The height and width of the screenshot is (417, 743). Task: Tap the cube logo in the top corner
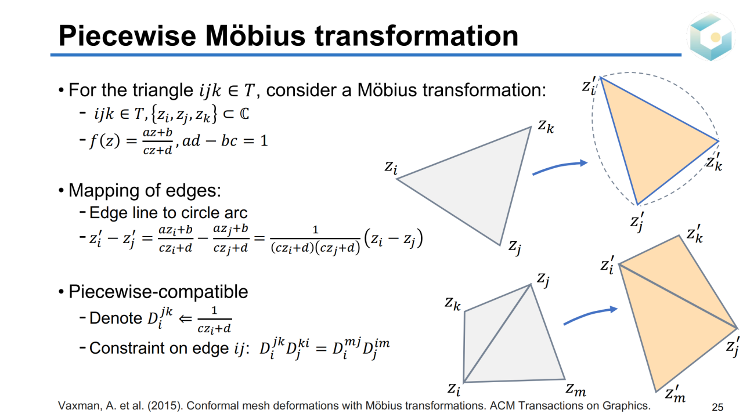tap(710, 37)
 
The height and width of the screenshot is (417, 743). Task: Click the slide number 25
tap(717, 407)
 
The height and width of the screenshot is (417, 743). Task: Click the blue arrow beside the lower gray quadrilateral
tap(590, 316)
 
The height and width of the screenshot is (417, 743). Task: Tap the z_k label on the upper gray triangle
tap(546, 126)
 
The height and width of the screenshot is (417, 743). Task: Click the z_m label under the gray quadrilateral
tap(576, 390)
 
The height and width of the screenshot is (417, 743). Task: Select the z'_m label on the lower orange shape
tap(675, 394)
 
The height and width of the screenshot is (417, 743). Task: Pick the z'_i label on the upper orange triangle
tap(589, 86)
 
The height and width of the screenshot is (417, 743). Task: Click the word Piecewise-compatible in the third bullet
tap(158, 292)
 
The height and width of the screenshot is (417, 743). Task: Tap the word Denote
tap(116, 318)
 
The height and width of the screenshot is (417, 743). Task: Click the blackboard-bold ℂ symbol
tap(244, 114)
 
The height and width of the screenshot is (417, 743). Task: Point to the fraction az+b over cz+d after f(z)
tap(157, 141)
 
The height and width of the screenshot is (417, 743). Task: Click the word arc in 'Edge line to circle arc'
tap(236, 213)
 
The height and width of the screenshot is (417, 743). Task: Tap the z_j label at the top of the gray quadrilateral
tap(543, 280)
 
